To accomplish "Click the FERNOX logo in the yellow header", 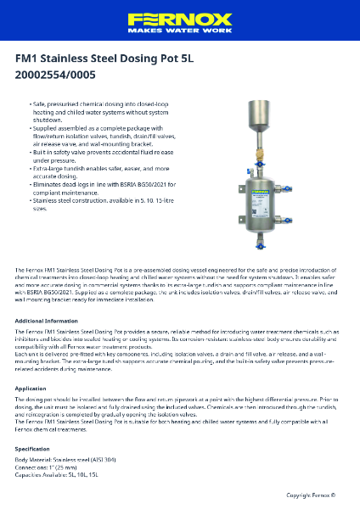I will (x=180, y=19).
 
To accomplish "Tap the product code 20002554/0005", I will (x=55, y=75).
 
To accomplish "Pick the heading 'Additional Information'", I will (x=47, y=322).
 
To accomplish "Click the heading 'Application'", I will (x=31, y=388).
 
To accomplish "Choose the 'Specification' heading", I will (x=33, y=449).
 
